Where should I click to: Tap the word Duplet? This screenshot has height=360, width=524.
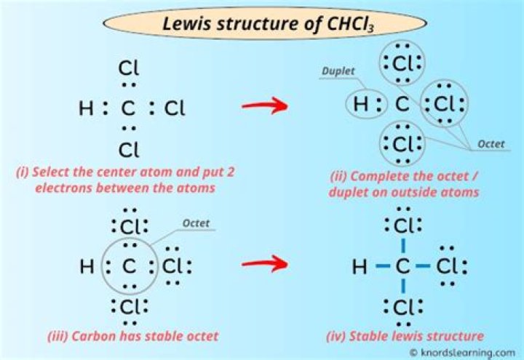340,71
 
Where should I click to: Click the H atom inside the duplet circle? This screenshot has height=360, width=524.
360,106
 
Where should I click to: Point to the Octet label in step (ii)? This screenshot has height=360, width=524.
491,144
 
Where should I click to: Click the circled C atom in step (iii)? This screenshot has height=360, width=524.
129,267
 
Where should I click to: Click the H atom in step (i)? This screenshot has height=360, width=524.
85,110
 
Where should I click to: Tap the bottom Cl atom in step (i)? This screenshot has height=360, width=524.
129,151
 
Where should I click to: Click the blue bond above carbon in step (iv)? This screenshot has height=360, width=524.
402,246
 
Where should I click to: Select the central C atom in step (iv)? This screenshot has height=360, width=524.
402,268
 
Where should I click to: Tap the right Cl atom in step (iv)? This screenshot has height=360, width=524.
446,268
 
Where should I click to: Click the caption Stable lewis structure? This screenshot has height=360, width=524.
405,336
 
